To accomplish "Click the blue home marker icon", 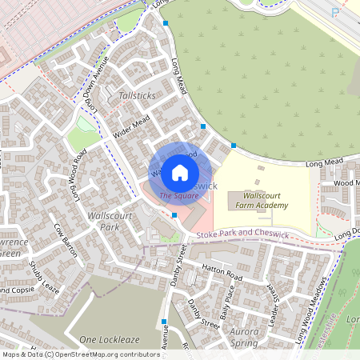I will click(180, 172).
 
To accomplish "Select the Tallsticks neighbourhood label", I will click(137, 95).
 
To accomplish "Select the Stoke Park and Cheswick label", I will click(239, 233).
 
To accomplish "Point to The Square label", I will click(179, 195).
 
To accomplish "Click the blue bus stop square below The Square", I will click(174, 214).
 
